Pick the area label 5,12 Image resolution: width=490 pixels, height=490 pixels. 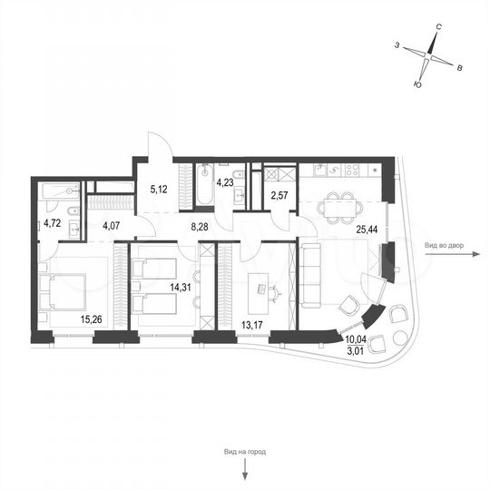160,190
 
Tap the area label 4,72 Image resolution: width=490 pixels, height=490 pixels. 54,220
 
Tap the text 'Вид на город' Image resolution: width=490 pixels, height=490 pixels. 244,452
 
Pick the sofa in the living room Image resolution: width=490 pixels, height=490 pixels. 310,276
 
